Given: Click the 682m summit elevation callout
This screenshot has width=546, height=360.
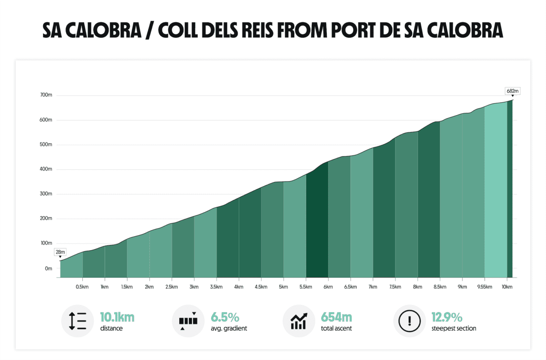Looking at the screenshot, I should tap(512, 91).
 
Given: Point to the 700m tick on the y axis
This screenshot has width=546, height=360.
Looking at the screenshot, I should tap(47, 95).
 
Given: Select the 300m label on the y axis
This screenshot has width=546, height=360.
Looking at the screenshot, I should tap(47, 194).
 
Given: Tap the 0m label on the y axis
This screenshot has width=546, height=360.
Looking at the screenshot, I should tap(48, 269).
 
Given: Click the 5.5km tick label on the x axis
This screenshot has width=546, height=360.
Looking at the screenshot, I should tap(306, 287).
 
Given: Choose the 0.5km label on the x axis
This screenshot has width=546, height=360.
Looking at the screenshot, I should tap(82, 287).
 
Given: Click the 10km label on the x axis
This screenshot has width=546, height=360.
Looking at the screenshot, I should tap(507, 287).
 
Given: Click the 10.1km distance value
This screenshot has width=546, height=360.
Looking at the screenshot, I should tap(117, 317).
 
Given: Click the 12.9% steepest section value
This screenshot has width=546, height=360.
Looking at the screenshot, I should tap(447, 317).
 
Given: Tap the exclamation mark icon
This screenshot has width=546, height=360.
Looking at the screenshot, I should tap(409, 321).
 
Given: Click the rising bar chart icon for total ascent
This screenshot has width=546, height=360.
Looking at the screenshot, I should tap(298, 321).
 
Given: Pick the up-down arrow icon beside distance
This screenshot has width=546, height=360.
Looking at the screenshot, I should tap(77, 321).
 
